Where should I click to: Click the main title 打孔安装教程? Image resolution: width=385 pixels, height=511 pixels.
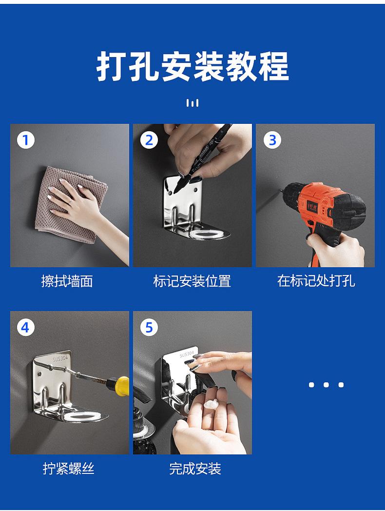[192, 66]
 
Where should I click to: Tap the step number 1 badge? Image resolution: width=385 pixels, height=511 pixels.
[26, 140]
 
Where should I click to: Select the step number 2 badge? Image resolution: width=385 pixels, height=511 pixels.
[149, 140]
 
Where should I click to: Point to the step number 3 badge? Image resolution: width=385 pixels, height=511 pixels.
[272, 140]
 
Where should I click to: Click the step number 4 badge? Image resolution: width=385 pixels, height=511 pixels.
[26, 327]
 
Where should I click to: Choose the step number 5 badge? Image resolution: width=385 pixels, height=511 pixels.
[149, 327]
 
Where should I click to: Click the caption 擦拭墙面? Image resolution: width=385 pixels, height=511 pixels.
[67, 281]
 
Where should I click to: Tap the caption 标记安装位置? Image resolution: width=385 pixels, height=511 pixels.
[192, 281]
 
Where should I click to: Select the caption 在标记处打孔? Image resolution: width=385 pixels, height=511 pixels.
[316, 280]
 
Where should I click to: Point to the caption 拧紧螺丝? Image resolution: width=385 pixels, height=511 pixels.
[69, 468]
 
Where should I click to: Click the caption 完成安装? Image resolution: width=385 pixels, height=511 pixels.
[195, 469]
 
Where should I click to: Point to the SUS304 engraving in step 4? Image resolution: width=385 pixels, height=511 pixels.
[60, 359]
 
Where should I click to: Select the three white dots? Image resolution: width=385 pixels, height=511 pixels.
[326, 385]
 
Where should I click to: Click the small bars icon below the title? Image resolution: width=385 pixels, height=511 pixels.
[192, 103]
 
